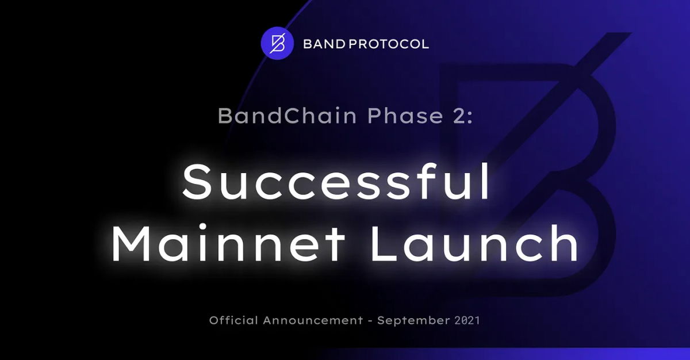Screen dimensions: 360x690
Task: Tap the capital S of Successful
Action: [x=198, y=181]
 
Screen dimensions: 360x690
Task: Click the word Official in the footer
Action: [x=233, y=320]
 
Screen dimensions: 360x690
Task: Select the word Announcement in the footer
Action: [x=313, y=320]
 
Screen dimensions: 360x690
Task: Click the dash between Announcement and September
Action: [x=370, y=320]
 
